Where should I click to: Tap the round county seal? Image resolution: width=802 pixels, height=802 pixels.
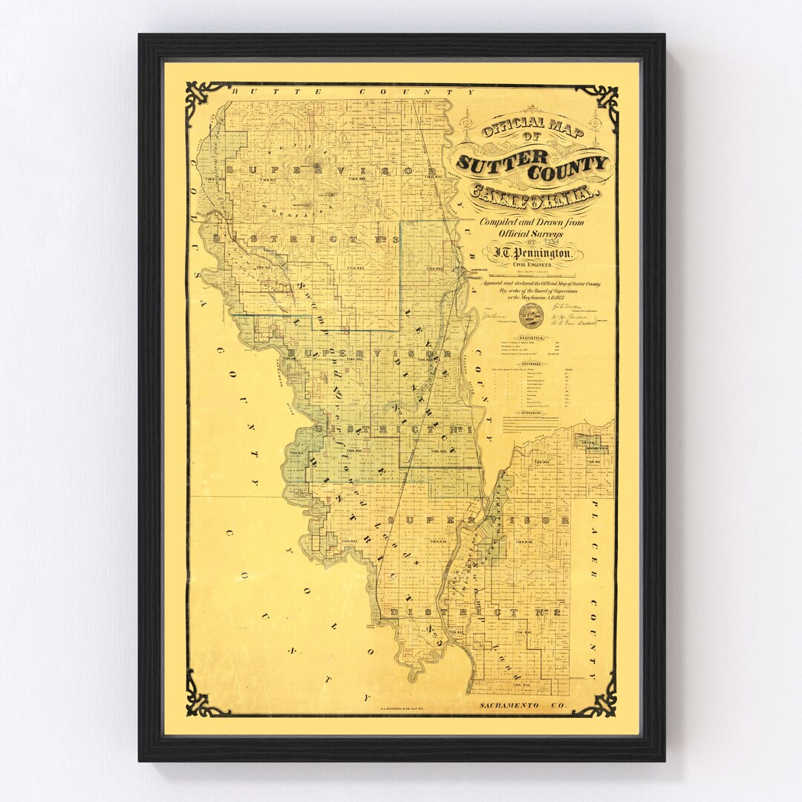(x=531, y=315)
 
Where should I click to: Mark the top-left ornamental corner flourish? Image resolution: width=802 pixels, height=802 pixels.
(x=204, y=100)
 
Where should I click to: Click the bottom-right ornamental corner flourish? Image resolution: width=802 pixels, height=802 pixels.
(x=599, y=698)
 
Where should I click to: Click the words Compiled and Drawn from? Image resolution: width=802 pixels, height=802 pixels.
(x=532, y=222)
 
